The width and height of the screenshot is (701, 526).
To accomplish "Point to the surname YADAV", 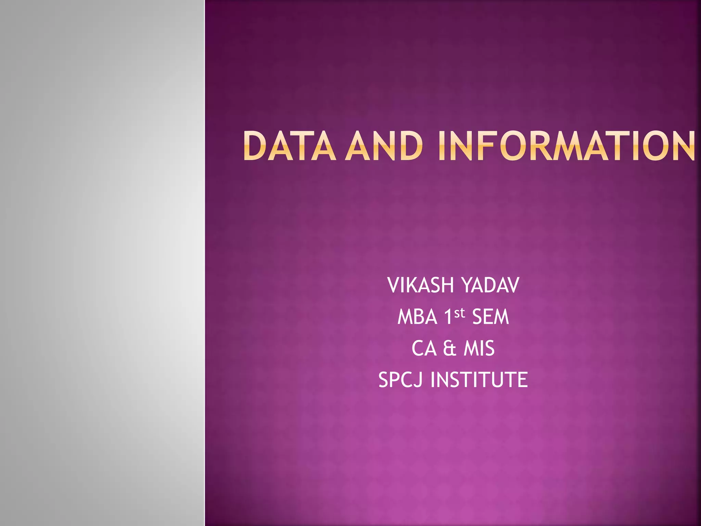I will tap(490, 285).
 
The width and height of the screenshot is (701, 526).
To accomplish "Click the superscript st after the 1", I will tap(460, 313).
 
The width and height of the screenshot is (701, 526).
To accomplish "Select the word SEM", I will tap(490, 317).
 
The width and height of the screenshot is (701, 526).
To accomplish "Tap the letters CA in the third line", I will tap(424, 349).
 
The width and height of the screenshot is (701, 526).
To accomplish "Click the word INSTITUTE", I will tap(479, 380).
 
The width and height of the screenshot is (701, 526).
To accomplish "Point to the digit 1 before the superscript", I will tap(448, 317).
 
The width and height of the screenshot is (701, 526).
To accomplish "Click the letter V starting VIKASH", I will tap(394, 285).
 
